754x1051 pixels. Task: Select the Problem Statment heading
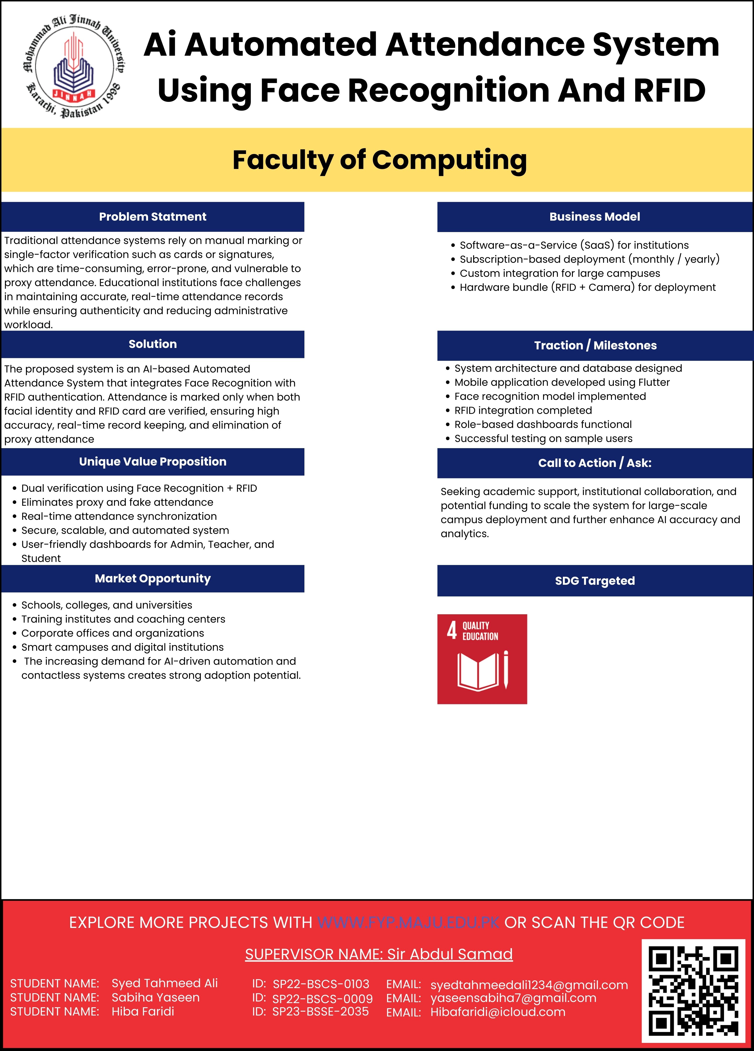[153, 216]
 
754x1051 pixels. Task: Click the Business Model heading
[595, 216]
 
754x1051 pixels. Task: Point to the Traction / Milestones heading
[595, 345]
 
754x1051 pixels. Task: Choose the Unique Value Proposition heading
[153, 461]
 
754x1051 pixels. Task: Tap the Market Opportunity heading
[153, 578]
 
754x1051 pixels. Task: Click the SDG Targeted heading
[595, 581]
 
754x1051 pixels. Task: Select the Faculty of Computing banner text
[380, 160]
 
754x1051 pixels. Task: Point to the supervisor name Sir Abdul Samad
[450, 954]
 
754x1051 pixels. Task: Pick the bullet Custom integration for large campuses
[559, 273]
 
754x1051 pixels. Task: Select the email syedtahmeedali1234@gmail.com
[529, 985]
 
